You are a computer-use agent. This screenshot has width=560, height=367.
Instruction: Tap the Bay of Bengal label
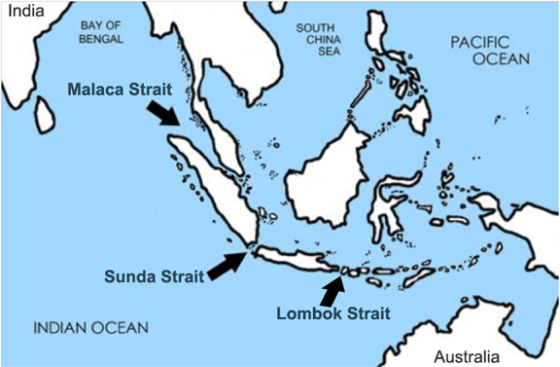coord(99,33)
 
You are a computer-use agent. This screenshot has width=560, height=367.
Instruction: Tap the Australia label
coord(467,354)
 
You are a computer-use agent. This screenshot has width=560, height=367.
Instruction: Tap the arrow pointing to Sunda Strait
coord(227,263)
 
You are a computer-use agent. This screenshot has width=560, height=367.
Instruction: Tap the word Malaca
coord(95,89)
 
